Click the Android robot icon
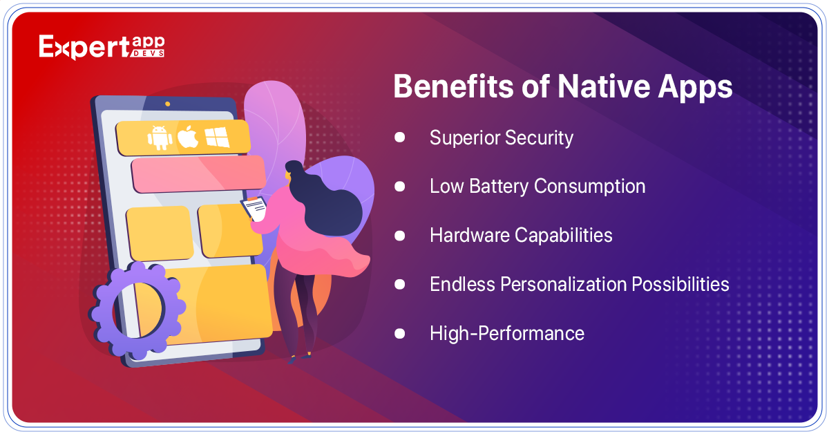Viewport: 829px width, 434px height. pos(160,138)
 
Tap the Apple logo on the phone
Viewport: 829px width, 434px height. pos(188,137)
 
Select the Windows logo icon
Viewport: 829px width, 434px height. pos(217,137)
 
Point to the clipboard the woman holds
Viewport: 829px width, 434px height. pos(255,209)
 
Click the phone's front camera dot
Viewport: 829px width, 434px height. pos(168,104)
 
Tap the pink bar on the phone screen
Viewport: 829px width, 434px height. pos(199,174)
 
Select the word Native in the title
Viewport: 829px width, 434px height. pos(604,86)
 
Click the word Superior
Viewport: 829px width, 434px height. pos(464,138)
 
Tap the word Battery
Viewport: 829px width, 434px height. pos(499,187)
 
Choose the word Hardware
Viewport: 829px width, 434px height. pos(470,235)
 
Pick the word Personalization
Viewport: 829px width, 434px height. pos(564,284)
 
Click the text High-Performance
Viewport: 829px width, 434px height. pos(507,333)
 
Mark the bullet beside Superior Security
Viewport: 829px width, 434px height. pos(400,138)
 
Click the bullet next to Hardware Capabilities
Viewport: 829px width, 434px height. pos(400,236)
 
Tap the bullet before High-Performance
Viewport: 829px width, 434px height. pos(400,333)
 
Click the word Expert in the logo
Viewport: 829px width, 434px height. pos(84,47)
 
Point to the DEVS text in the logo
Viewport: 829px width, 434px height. pos(147,53)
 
